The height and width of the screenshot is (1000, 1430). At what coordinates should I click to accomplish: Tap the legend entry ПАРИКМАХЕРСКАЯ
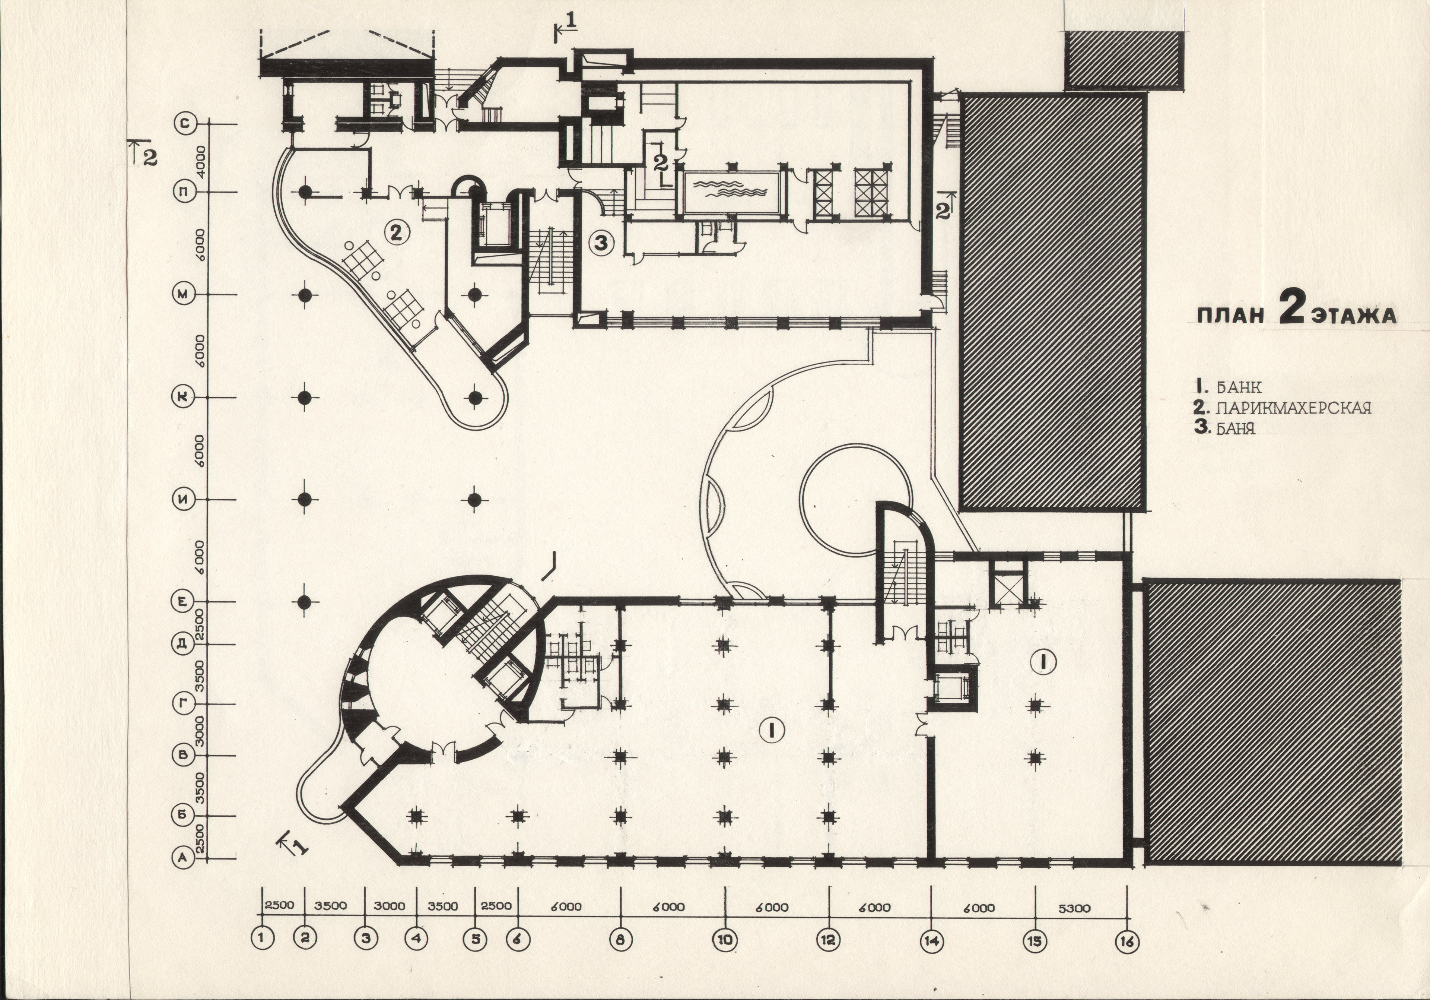point(1283,408)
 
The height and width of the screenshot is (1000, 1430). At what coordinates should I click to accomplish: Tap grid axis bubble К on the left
point(183,397)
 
